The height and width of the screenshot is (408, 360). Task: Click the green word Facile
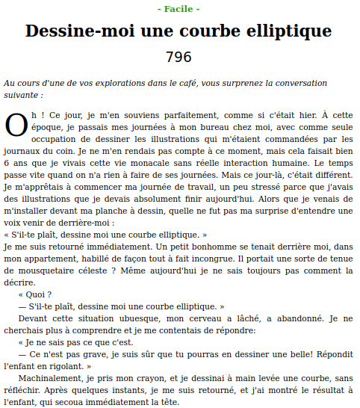coord(179,9)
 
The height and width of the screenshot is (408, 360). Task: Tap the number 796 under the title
coord(179,57)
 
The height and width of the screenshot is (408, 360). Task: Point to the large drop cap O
coord(16,126)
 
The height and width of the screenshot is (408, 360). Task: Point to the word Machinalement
coord(48,378)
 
